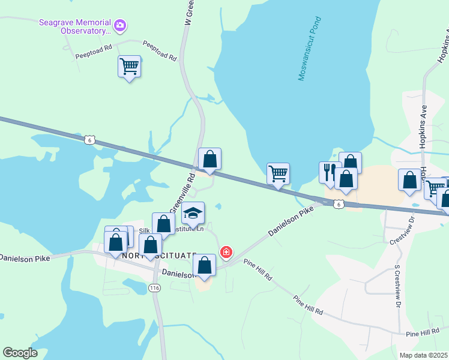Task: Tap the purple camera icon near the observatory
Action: (120, 25)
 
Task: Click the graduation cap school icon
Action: (193, 213)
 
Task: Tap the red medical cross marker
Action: (226, 252)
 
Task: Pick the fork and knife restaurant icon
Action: (330, 172)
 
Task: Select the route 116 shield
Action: (155, 288)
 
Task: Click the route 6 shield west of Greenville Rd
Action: (89, 139)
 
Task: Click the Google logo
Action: (20, 353)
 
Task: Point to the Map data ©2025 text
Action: (423, 355)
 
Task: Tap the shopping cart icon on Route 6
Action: (278, 174)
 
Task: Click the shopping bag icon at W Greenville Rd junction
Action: (209, 159)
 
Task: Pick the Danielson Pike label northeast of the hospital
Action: (292, 221)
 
